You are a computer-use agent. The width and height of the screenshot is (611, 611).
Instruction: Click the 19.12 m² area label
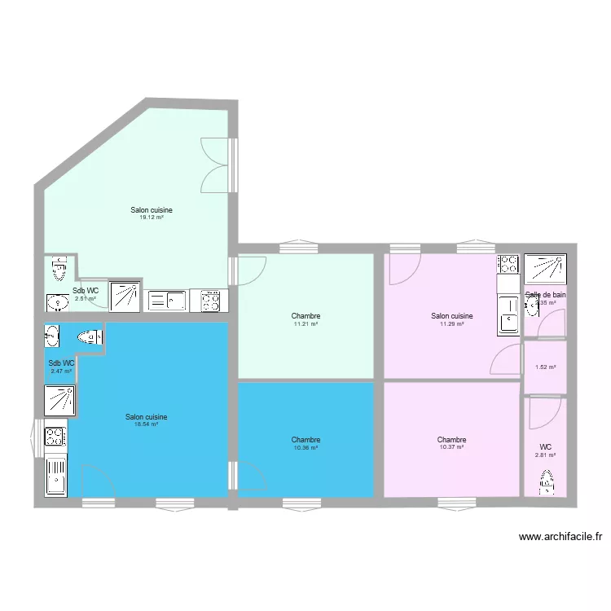tap(152, 218)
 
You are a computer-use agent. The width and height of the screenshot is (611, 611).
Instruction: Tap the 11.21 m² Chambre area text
tap(305, 324)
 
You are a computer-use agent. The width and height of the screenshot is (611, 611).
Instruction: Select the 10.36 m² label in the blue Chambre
tap(305, 448)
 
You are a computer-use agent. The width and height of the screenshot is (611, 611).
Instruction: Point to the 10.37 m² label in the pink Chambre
tap(451, 447)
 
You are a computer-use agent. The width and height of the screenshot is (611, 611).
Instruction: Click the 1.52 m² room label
tap(545, 367)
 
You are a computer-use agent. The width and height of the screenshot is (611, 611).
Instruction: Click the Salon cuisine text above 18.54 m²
tap(147, 416)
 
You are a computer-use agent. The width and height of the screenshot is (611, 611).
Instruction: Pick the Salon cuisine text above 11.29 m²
tap(451, 316)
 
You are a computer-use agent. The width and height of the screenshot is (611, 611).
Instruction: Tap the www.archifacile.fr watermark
tap(560, 537)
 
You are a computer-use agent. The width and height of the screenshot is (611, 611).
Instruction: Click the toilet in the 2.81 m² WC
tap(546, 483)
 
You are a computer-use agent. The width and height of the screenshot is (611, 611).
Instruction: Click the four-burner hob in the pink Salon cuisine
tap(508, 264)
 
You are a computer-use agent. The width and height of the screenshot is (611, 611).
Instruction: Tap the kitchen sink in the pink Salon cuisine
tap(508, 314)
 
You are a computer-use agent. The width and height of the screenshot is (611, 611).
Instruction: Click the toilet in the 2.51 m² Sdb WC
tap(58, 267)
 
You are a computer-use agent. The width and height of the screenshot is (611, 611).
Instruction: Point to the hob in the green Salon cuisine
tap(210, 301)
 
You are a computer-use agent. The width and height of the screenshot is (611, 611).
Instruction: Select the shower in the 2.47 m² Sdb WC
tap(60, 400)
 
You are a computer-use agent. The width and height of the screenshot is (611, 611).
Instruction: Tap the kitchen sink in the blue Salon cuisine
tap(55, 475)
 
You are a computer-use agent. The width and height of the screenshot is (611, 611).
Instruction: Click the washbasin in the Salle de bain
tap(532, 306)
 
